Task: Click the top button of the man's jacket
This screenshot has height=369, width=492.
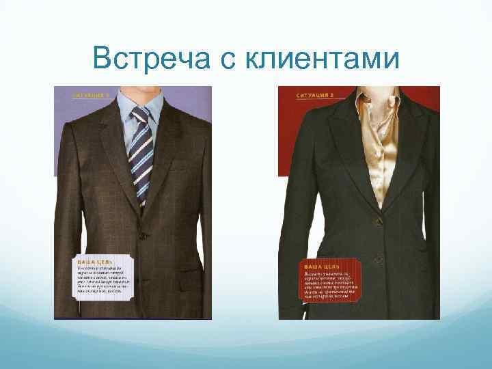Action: point(142,235)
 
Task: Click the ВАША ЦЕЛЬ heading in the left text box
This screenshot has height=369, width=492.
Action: point(94,262)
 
